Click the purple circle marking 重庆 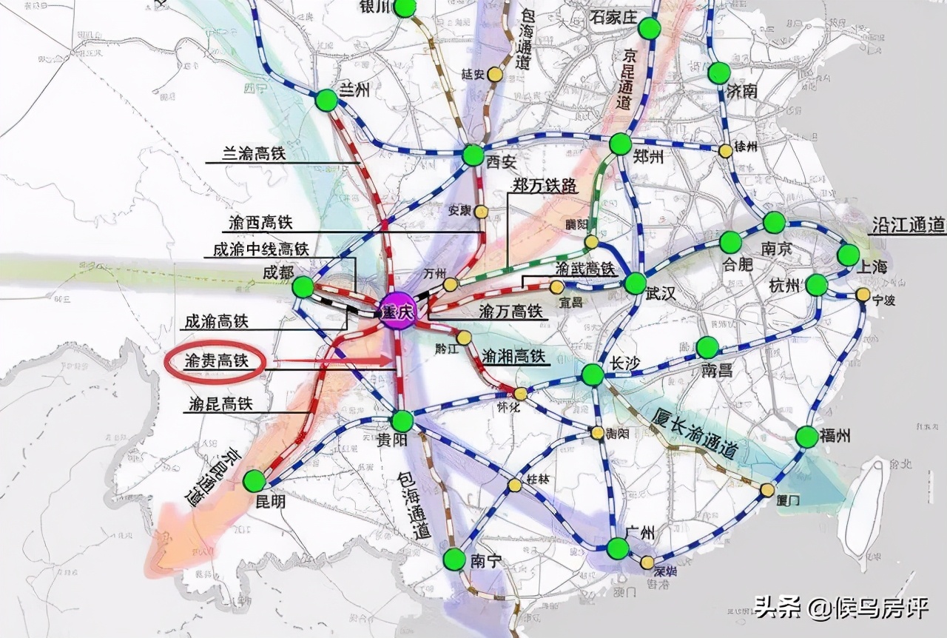click(x=395, y=311)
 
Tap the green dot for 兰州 click(x=326, y=101)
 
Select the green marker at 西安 click(x=473, y=155)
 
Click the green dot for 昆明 click(x=254, y=480)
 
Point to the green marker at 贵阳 click(x=402, y=421)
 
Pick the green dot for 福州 click(x=807, y=437)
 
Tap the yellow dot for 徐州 click(x=726, y=150)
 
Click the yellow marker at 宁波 click(x=863, y=295)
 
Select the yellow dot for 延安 click(x=493, y=75)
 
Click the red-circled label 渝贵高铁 click(x=215, y=361)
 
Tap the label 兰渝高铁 click(x=254, y=154)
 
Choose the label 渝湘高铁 click(x=516, y=356)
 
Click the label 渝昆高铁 click(x=221, y=404)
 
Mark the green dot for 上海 click(x=849, y=255)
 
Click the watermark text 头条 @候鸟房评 click(x=841, y=608)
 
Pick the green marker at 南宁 click(x=454, y=559)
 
